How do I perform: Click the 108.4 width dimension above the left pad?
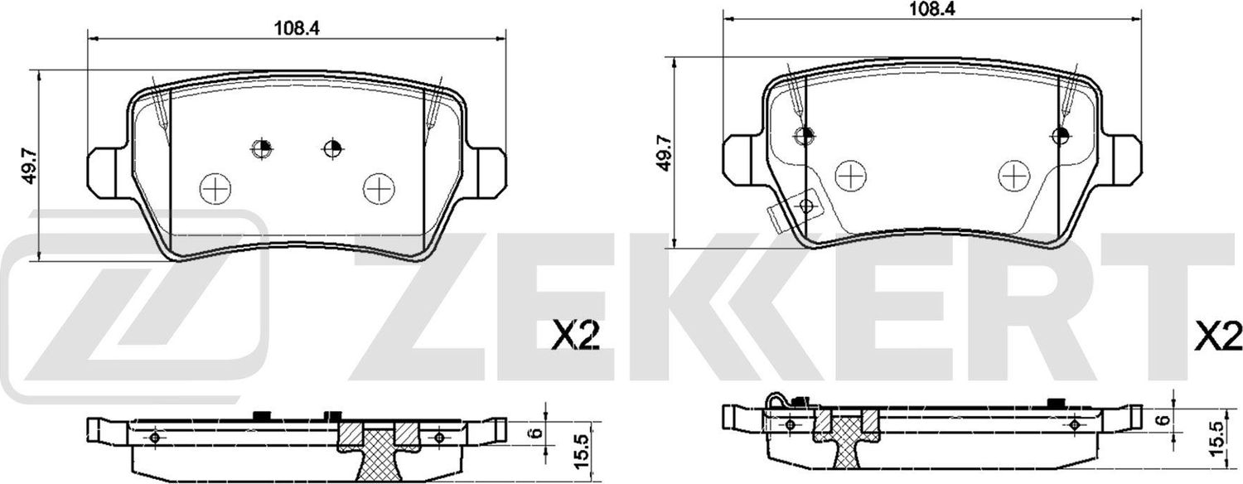[297, 27]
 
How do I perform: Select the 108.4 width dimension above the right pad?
[932, 9]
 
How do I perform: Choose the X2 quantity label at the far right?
[1217, 337]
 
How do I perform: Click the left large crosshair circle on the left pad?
[217, 189]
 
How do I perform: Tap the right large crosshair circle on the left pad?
[379, 188]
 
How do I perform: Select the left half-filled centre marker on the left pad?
[262, 148]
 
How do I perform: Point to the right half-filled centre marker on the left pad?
[332, 148]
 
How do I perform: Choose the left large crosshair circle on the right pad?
[850, 175]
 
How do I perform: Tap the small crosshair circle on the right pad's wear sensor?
[804, 205]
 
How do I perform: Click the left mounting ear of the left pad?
[108, 173]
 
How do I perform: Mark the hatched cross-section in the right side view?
[845, 438]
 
